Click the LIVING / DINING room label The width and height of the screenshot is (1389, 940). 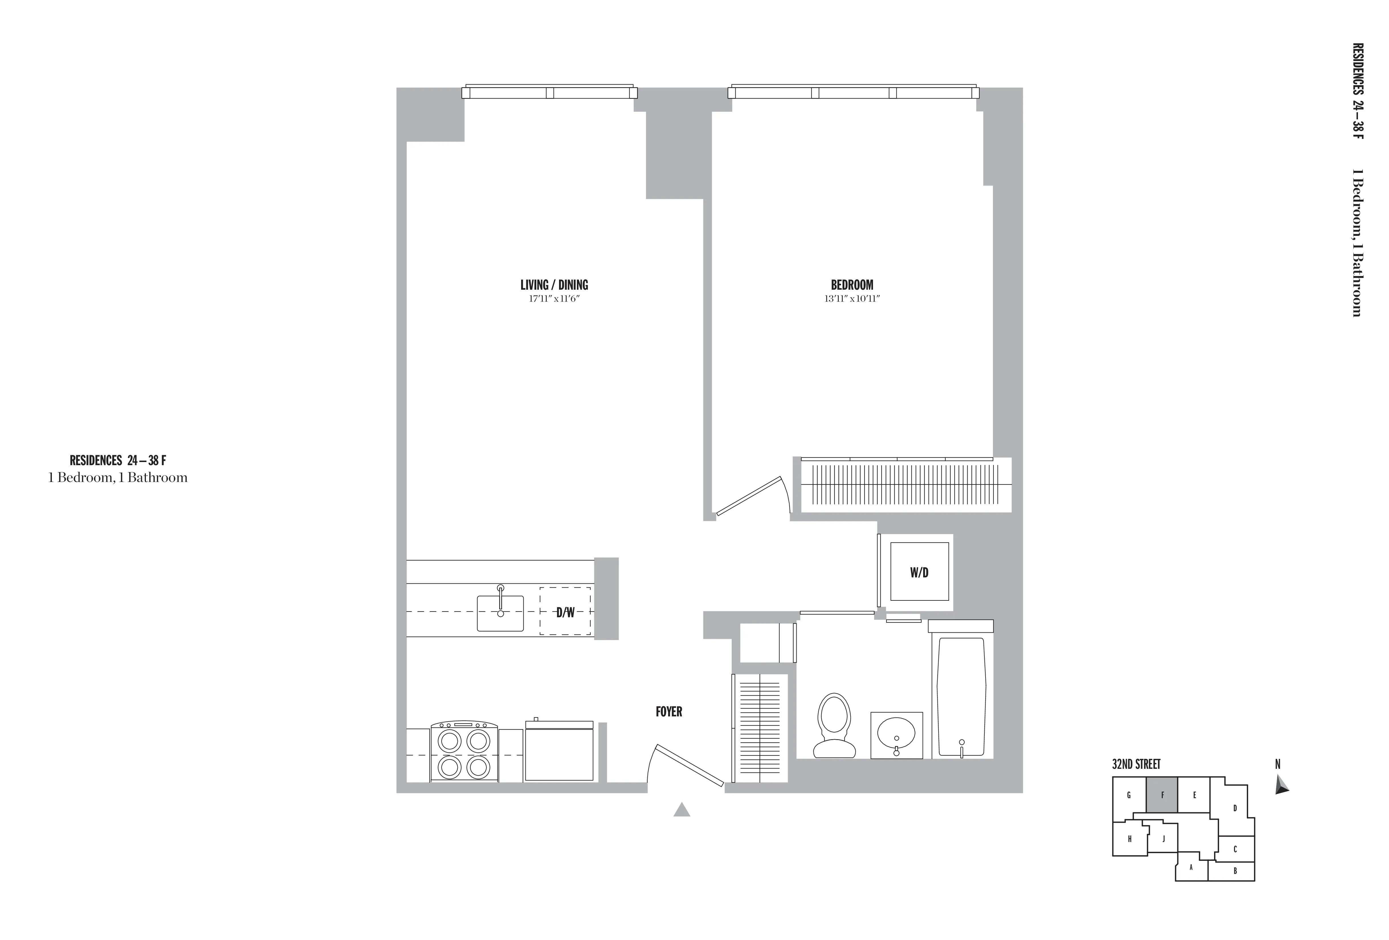pyautogui.click(x=554, y=285)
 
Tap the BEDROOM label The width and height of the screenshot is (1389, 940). pyautogui.click(x=852, y=285)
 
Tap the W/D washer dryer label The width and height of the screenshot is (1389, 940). pyautogui.click(x=919, y=573)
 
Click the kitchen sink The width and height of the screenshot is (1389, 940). pyautogui.click(x=500, y=612)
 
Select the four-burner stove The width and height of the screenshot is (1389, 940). pyautogui.click(x=464, y=752)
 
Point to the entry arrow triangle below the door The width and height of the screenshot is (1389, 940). pyautogui.click(x=681, y=810)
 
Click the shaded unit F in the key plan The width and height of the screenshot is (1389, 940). pyautogui.click(x=1162, y=795)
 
